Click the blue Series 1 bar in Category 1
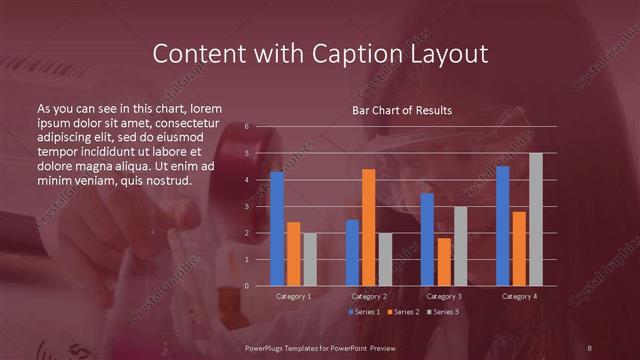[277, 229]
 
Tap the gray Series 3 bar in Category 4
[535, 219]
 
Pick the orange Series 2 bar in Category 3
[444, 262]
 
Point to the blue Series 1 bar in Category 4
[503, 226]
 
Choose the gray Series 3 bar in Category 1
[309, 259]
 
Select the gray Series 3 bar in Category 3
[460, 246]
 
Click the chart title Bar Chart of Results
[402, 109]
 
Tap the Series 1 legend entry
[365, 313]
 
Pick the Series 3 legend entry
[443, 313]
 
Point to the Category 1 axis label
[293, 297]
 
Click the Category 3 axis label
[444, 297]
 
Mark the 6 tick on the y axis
[246, 127]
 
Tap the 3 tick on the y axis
[246, 206]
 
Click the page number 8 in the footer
[590, 347]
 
